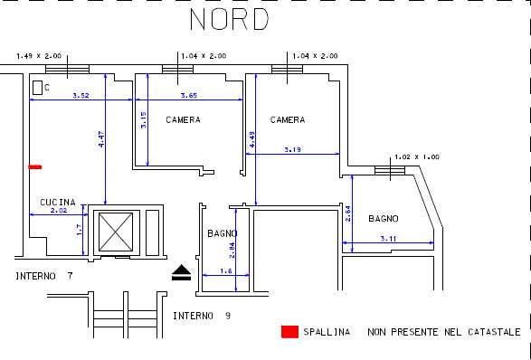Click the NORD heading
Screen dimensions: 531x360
click(229, 19)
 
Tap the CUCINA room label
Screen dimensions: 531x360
click(58, 203)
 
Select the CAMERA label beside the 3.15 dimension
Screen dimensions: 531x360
click(183, 120)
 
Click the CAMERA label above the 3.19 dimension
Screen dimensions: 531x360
click(288, 120)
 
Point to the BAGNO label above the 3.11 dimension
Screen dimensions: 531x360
click(384, 219)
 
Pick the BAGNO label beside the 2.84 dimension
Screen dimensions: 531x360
click(223, 233)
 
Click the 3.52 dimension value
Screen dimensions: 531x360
click(81, 96)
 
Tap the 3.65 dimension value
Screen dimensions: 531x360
click(189, 96)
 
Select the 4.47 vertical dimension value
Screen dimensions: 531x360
click(101, 139)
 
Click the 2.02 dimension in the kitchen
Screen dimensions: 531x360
click(59, 211)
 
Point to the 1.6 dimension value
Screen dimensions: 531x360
click(226, 271)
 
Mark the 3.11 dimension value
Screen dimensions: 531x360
click(388, 239)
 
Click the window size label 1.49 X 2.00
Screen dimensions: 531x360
click(39, 56)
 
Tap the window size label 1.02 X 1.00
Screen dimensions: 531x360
click(417, 157)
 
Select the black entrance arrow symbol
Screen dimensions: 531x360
click(182, 272)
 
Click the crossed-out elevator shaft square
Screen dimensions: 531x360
click(116, 232)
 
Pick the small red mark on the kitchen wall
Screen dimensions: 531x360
click(35, 166)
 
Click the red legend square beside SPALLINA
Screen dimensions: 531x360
click(289, 332)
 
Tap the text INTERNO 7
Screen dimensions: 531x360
click(44, 277)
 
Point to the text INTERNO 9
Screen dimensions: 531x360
click(202, 316)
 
